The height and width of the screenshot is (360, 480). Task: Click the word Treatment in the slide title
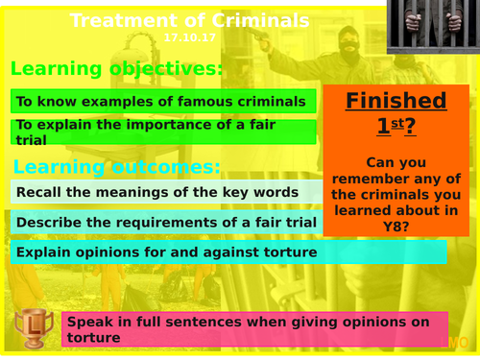[117, 20]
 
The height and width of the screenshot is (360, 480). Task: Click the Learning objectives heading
[116, 69]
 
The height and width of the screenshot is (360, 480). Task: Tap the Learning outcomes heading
[115, 167]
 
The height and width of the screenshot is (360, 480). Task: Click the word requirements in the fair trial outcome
[161, 223]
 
